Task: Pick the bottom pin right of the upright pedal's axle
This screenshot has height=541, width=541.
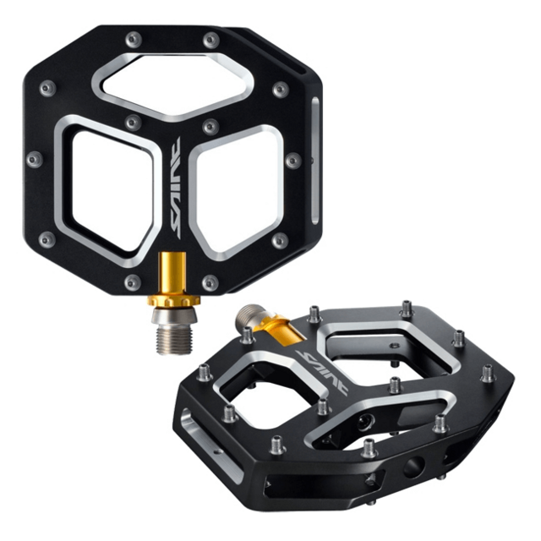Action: [210, 282]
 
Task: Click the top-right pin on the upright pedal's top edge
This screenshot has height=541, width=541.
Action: [209, 39]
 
